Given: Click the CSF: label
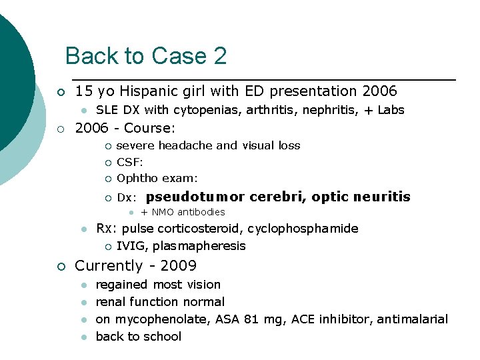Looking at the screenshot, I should point(130,161).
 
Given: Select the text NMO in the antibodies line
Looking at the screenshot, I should point(163,213).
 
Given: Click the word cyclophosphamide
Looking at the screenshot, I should point(303,229).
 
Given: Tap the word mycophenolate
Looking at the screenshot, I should point(153,319).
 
